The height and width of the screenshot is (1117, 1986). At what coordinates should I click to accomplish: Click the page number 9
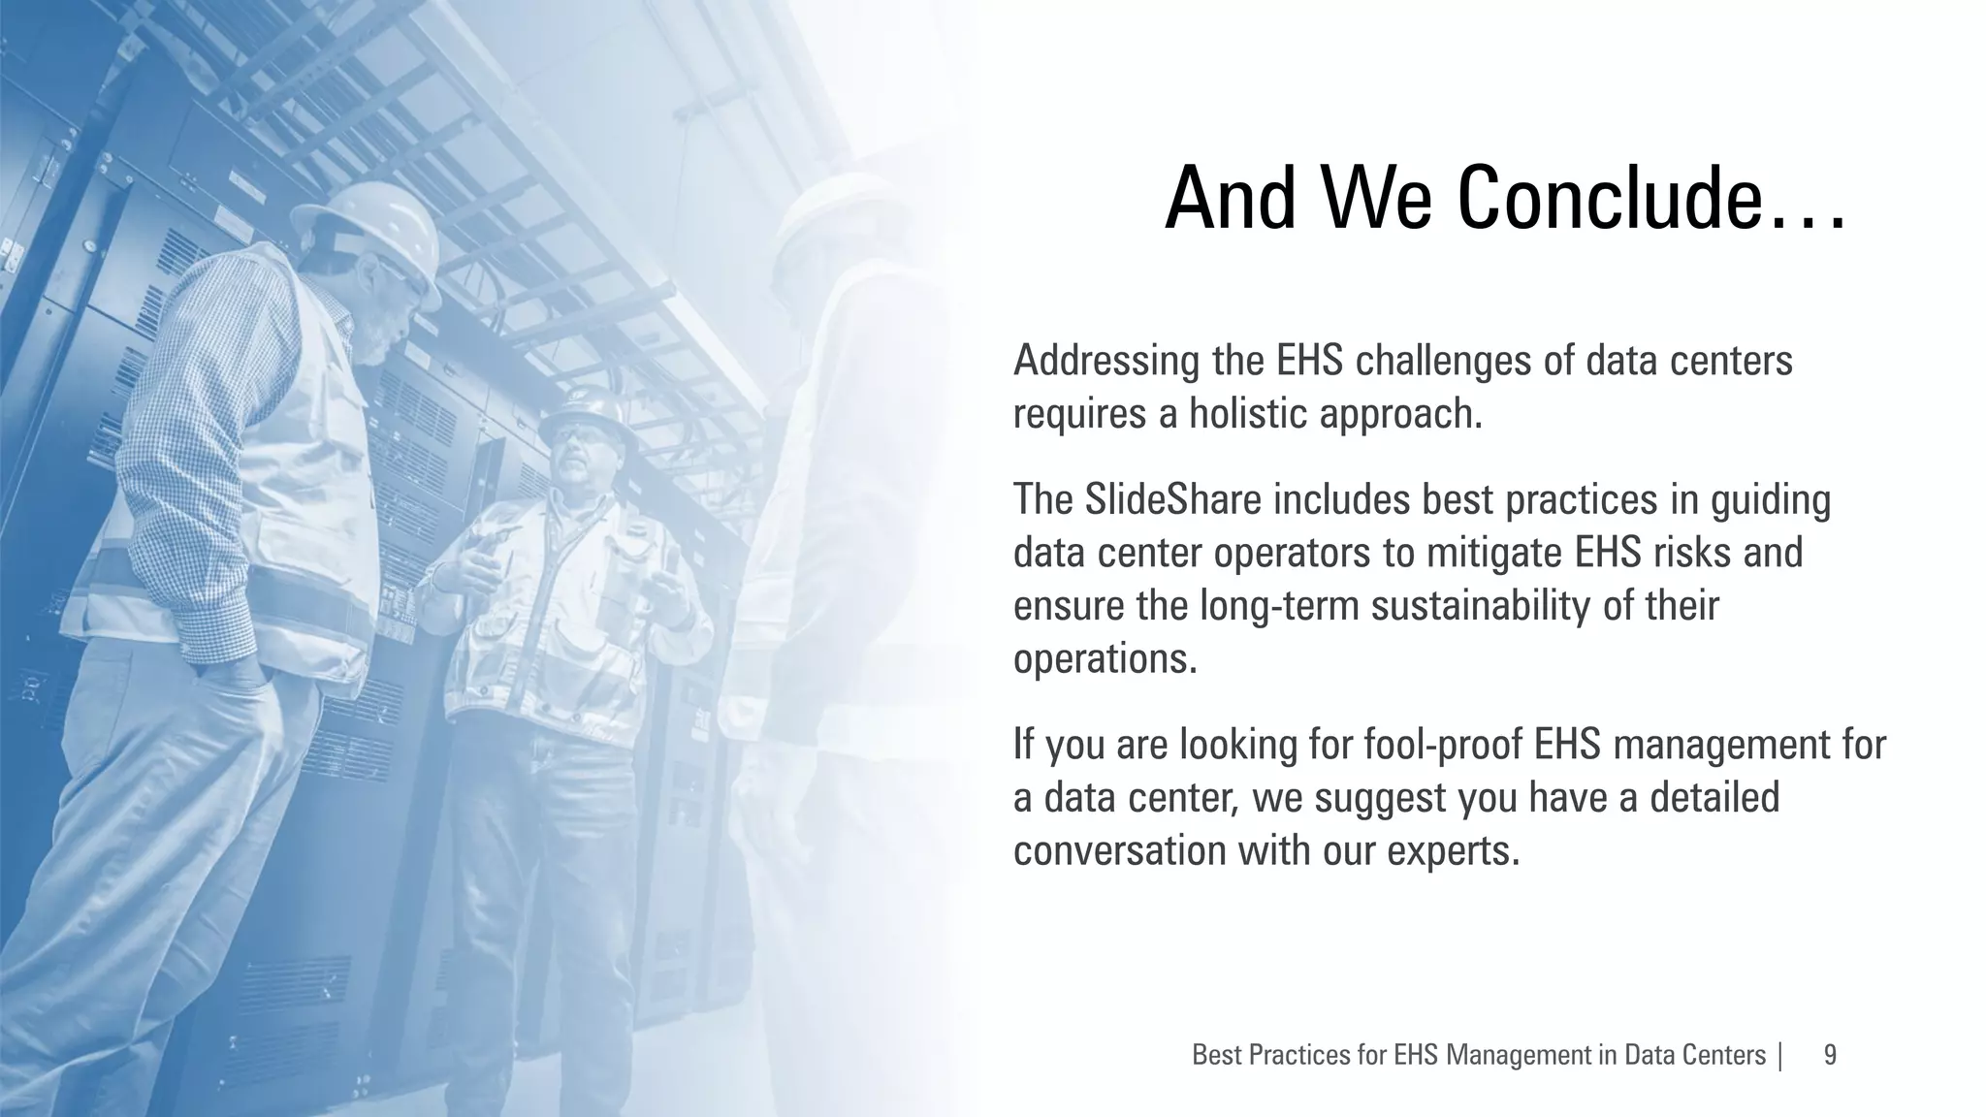(x=1830, y=1055)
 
